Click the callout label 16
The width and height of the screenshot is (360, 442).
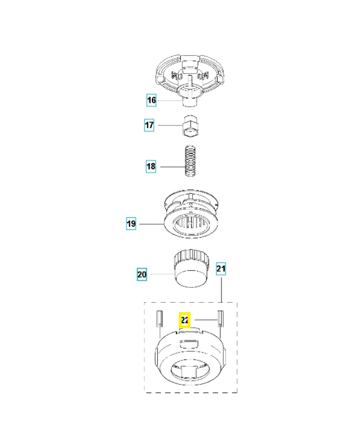tap(151, 100)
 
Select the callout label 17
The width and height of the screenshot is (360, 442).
tap(149, 125)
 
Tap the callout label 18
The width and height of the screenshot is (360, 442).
tap(151, 166)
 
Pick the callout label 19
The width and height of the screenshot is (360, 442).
tap(131, 224)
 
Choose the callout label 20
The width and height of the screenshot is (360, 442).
tap(142, 273)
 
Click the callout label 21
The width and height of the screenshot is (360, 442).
tap(221, 269)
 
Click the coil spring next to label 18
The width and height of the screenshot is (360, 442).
tap(189, 161)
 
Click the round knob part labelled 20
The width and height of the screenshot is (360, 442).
tap(190, 268)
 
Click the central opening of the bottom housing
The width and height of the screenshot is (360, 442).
tap(190, 369)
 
